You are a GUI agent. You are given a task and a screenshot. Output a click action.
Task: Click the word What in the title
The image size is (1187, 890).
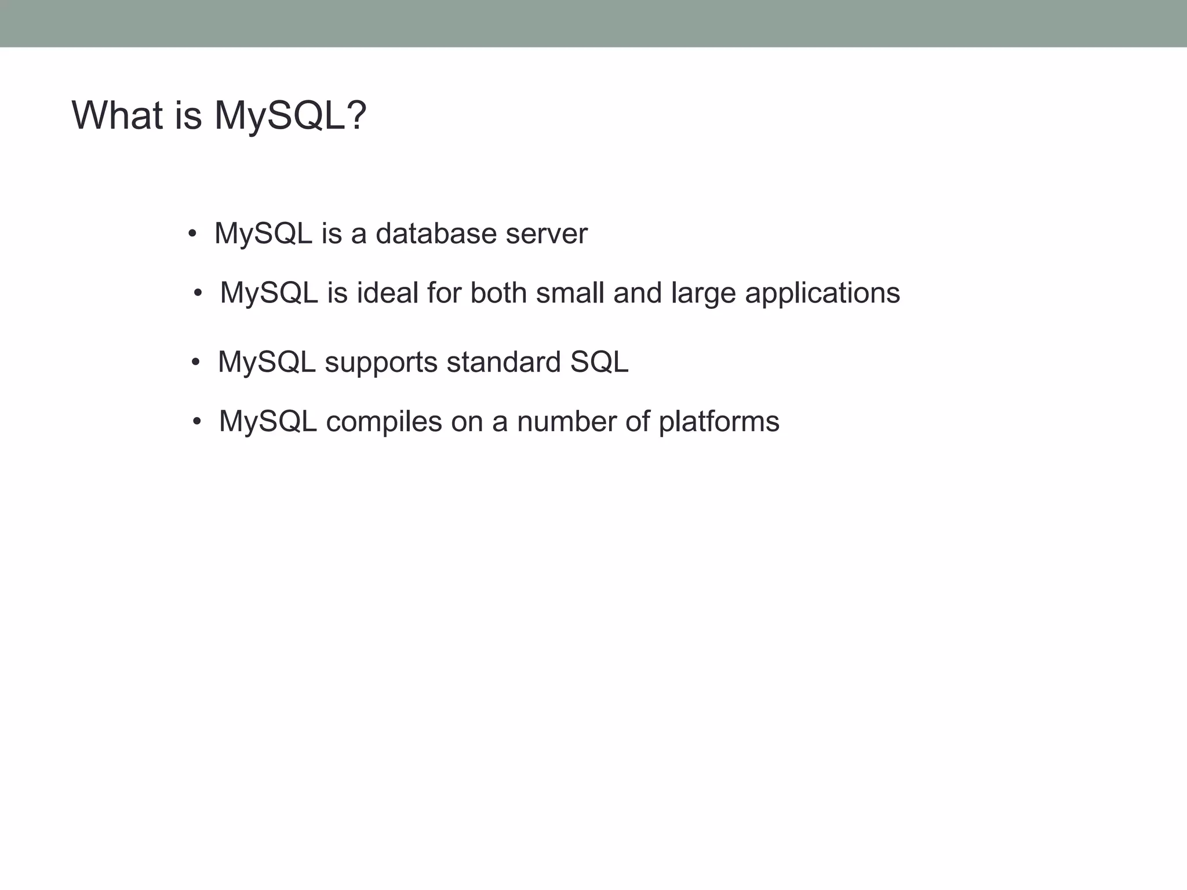(117, 115)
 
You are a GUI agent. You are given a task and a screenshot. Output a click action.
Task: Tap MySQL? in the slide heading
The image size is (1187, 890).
(290, 115)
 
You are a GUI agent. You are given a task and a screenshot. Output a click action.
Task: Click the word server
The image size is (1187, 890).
(547, 234)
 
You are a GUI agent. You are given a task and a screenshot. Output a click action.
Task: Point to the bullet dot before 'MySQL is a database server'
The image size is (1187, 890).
(192, 235)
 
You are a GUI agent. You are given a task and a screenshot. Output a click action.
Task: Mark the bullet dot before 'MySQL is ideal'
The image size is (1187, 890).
(198, 294)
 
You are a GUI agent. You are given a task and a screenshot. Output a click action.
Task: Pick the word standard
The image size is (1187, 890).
(504, 362)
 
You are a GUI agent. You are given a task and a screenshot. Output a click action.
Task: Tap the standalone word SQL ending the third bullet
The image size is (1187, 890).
(599, 362)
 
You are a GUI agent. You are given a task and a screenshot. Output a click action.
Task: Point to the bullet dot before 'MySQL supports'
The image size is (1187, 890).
(196, 363)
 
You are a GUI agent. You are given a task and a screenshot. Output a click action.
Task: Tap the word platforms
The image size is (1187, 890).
(719, 422)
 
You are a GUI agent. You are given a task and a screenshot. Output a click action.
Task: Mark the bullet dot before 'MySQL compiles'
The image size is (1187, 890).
(197, 422)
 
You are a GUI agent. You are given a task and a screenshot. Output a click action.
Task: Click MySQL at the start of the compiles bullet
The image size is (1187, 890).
(267, 422)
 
